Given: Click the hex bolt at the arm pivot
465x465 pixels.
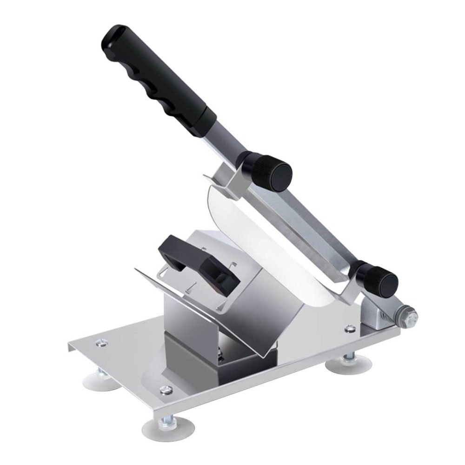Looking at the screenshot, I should [x=410, y=316].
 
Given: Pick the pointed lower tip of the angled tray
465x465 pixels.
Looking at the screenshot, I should [x=265, y=356].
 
